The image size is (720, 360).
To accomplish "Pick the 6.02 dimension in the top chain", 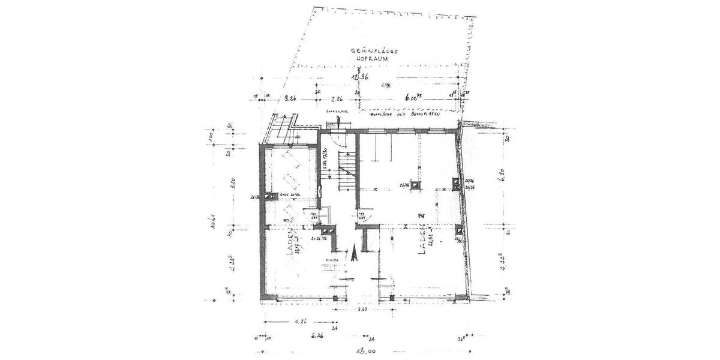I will (413, 97).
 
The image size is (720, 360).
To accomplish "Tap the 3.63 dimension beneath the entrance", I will (362, 310).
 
